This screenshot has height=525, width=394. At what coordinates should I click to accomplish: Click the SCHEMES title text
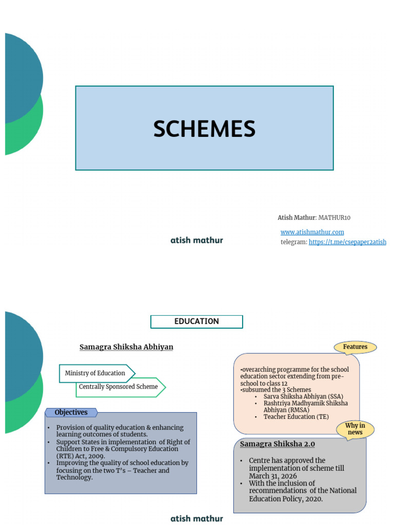coord(204,129)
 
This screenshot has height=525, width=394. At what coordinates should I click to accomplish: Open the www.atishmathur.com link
coord(312,232)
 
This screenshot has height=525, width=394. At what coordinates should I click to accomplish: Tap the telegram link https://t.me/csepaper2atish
coord(347,242)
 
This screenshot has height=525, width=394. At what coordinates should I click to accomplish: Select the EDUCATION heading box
coord(196,321)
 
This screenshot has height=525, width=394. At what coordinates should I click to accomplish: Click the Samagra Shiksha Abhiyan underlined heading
coord(126,347)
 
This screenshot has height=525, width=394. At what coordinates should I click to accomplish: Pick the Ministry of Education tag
coord(95,373)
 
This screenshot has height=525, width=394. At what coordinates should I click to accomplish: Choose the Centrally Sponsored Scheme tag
coord(119,387)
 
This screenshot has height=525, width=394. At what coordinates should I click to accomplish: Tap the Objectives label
coord(71,412)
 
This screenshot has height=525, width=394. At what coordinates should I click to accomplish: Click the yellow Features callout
coord(355,347)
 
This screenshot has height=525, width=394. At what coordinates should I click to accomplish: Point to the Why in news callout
coord(355,429)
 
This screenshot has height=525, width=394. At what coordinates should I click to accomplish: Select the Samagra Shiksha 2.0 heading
coord(278,444)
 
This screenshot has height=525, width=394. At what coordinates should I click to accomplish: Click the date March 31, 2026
coord(273,476)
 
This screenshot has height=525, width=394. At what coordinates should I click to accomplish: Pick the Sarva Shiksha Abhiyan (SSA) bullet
coord(303,396)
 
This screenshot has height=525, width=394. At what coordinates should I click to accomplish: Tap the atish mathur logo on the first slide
coord(196,240)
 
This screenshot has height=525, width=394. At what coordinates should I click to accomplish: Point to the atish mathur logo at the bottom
coord(196,518)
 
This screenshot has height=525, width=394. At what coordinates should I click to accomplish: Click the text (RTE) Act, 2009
coord(82,456)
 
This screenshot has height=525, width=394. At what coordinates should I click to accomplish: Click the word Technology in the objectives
coord(74,477)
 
